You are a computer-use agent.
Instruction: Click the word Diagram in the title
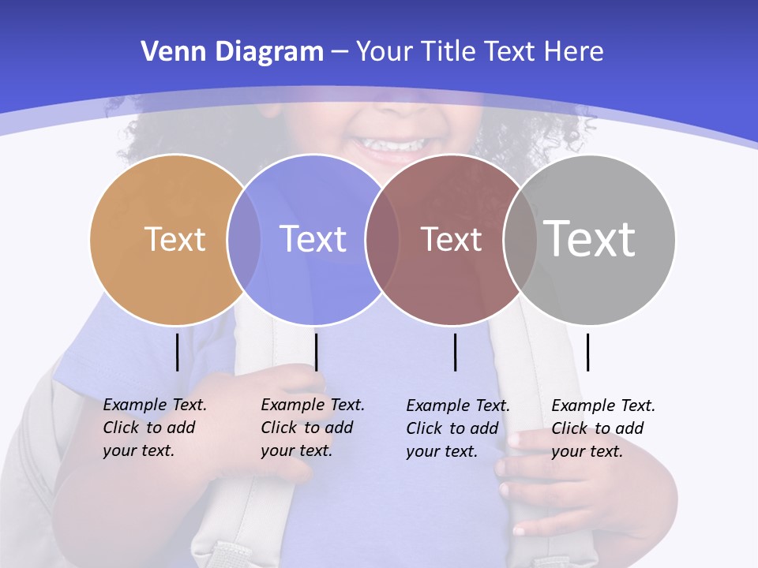269,52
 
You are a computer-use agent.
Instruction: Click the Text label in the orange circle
174,239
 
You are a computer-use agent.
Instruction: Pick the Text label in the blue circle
313,239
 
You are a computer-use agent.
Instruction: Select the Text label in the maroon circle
451,239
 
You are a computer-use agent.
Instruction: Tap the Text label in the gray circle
590,239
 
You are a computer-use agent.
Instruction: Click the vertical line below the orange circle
177,352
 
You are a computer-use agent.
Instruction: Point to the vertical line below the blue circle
316,352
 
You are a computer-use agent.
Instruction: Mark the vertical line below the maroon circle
455,352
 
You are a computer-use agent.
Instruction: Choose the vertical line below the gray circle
587,352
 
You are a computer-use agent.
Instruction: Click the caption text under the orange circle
154,428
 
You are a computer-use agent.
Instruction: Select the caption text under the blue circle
312,428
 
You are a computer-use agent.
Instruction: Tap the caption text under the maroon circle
457,428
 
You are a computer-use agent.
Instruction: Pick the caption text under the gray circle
602,428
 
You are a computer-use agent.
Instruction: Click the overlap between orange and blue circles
244,239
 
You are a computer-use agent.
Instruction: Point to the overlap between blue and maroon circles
382,239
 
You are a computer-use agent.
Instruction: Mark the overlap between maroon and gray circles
520,239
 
